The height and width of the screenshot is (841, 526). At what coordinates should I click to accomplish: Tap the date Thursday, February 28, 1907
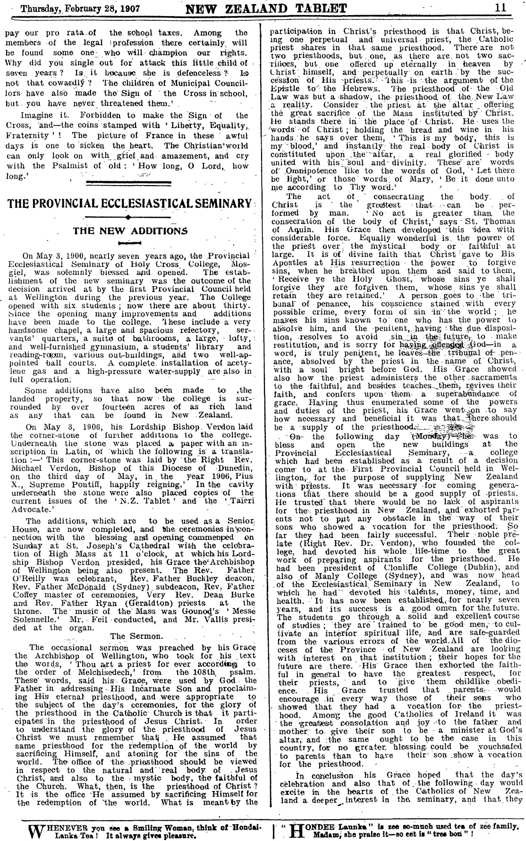[x=67, y=8]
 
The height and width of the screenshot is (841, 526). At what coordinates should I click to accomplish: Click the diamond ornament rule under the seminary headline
[x=128, y=217]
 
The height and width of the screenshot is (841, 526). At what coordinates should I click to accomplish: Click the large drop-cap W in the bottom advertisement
[x=37, y=829]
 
